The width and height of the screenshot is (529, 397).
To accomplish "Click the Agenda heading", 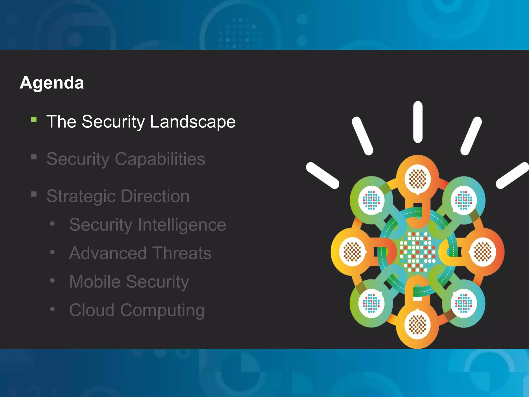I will (x=52, y=83).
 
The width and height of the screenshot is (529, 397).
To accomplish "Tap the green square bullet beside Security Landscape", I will (x=34, y=119).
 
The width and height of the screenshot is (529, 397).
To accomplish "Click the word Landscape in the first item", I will (x=193, y=121).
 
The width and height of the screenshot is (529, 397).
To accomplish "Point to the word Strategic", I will (x=81, y=196).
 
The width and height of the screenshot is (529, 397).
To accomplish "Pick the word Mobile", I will (x=95, y=281).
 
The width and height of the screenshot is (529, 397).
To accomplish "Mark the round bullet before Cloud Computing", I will (x=52, y=309).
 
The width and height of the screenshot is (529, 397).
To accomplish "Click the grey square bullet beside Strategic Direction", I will (x=34, y=194).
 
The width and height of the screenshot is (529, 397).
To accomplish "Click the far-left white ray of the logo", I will (x=322, y=175).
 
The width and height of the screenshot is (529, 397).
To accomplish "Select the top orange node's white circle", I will (x=418, y=179).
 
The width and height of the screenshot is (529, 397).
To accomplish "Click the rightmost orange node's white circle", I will (x=483, y=251).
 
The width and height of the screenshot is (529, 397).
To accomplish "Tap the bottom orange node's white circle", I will (x=418, y=324).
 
